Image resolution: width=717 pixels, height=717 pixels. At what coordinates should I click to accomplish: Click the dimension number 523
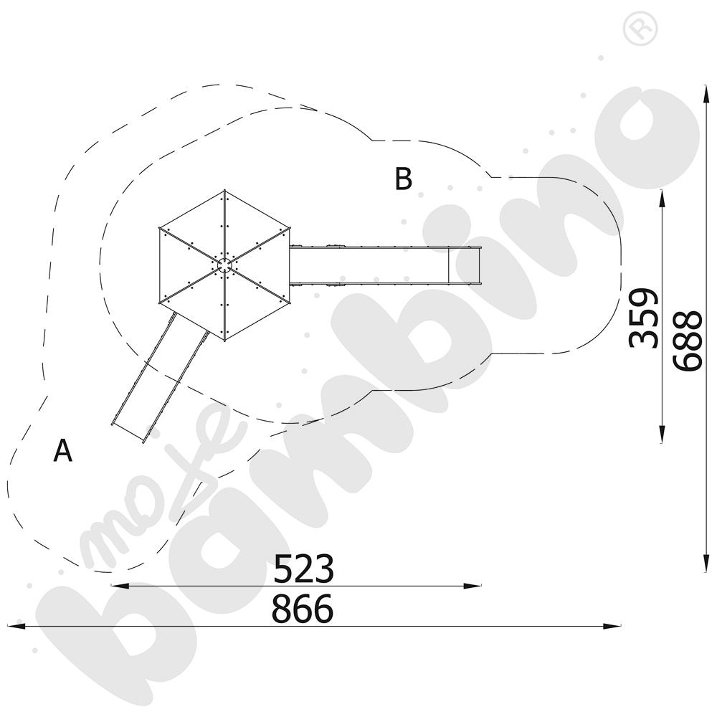[303, 569]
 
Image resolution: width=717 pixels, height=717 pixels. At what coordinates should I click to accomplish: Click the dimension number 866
[303, 609]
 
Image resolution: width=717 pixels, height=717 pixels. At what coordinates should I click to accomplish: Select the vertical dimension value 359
[644, 318]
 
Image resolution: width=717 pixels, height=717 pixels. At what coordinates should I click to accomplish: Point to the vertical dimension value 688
[687, 341]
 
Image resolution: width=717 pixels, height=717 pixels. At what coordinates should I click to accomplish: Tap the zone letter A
[62, 450]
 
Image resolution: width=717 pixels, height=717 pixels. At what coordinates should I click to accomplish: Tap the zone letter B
[403, 179]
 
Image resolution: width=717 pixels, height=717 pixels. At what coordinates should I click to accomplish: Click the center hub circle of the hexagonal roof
[224, 265]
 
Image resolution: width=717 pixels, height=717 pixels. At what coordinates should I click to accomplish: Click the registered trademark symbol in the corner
[640, 29]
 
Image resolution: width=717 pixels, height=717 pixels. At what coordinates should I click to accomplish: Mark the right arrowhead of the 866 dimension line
[612, 625]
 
